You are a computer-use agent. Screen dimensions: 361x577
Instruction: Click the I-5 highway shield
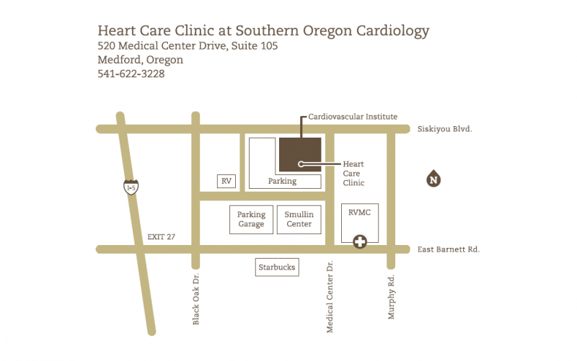pos(131,187)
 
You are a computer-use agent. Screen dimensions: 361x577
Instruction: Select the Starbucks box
pos(277,267)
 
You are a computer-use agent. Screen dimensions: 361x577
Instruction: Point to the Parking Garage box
pos(252,219)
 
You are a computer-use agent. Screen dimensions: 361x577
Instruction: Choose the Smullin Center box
pos(299,219)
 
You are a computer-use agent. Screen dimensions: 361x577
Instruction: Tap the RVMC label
pos(358,213)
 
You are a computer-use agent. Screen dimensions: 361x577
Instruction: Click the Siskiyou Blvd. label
pos(444,129)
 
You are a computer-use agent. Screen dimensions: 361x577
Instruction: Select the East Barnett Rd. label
pos(448,249)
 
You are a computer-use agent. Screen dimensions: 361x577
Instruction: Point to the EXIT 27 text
pos(161,236)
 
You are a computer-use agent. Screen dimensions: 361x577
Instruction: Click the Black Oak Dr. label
pos(196,300)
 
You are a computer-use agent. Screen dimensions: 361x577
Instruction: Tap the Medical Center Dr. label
pos(330,296)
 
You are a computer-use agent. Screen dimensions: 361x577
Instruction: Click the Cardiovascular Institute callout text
pos(353,116)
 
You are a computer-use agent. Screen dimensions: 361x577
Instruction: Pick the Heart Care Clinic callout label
pos(353,174)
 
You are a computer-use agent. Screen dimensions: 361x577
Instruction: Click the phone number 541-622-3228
pos(131,73)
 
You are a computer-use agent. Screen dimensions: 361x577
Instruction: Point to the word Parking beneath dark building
pos(282,181)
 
